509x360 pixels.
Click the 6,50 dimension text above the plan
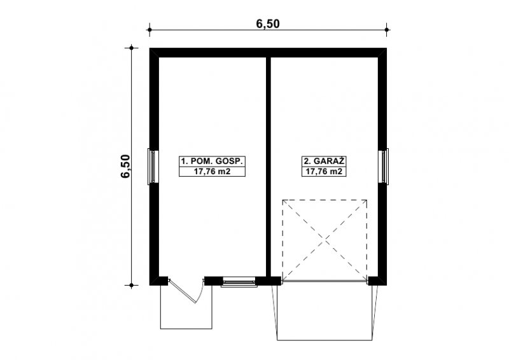(x=268, y=24)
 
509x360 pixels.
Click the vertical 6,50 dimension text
(x=125, y=166)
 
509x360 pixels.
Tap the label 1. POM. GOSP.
(x=212, y=161)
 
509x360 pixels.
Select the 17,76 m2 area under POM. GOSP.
(x=212, y=171)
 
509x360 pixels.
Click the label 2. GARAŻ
(x=324, y=161)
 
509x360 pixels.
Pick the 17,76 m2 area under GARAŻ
(x=324, y=171)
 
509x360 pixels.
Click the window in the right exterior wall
(x=384, y=166)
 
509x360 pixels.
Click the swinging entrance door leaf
(x=183, y=291)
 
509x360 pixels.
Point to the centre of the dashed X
(x=324, y=240)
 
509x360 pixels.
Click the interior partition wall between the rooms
(x=268, y=167)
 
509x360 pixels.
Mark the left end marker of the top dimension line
(x=150, y=30)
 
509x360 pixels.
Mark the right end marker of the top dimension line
(x=387, y=30)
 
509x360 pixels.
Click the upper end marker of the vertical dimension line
(x=132, y=48)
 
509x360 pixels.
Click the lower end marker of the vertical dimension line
(x=132, y=286)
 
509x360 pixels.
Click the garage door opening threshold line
(x=324, y=281)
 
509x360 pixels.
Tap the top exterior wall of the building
(x=268, y=53)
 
